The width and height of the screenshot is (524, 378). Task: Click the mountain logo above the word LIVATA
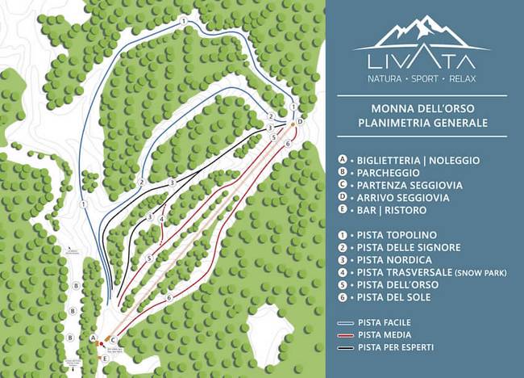422,33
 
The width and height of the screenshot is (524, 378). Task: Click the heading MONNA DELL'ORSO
422,107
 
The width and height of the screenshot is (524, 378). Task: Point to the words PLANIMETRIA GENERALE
422,123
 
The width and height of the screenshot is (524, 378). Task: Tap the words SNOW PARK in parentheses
481,273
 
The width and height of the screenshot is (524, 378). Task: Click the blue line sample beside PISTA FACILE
345,321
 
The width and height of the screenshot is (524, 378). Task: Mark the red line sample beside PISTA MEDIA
345,334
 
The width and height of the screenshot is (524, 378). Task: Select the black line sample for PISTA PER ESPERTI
345,347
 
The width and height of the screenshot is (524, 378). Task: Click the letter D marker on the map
299,121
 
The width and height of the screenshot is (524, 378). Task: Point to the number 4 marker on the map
162,218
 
